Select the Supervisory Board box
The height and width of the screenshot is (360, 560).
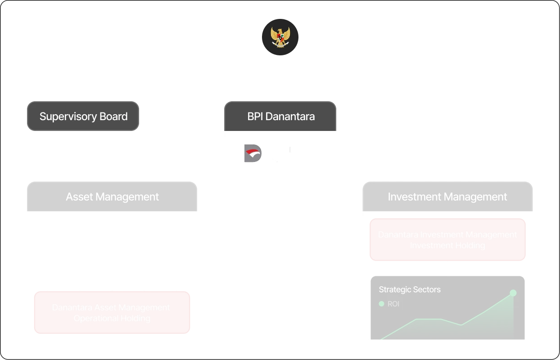coord(83,117)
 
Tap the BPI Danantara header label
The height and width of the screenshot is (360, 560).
coord(281,117)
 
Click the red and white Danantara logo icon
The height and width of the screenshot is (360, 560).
coord(251,153)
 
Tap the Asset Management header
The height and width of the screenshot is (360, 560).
coord(112,197)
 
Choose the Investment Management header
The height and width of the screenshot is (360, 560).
coord(447,197)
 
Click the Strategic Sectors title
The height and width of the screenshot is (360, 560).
coord(410,289)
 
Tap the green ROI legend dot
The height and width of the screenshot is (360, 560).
coord(382,304)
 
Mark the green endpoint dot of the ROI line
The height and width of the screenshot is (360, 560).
coord(513,293)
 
